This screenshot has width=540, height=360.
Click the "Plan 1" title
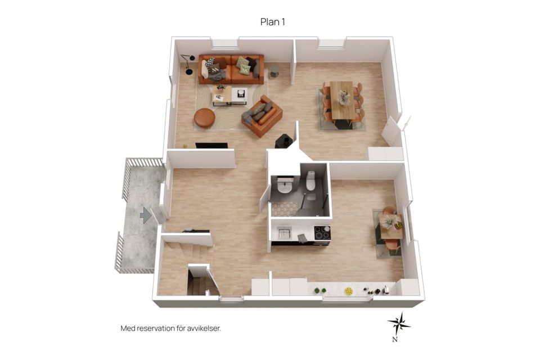[x=272, y=22]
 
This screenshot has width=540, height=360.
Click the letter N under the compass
[x=395, y=340]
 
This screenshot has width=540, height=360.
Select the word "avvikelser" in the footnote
[x=204, y=328]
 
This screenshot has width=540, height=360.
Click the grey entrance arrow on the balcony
[x=145, y=215]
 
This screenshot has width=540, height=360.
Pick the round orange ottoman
[x=205, y=118]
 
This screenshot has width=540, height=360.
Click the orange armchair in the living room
[x=263, y=116]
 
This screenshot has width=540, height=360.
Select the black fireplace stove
[x=283, y=141]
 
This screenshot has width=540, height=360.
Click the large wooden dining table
[x=342, y=100]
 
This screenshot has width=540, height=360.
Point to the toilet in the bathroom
[x=310, y=181]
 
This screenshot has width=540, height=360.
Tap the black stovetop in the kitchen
[x=322, y=232]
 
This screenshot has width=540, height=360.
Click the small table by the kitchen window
[x=391, y=226]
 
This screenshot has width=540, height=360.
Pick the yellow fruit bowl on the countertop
[x=349, y=291]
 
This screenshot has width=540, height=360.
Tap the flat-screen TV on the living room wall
[x=211, y=145]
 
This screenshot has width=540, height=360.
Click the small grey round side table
[x=274, y=71]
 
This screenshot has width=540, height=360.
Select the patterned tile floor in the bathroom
[x=285, y=209]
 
